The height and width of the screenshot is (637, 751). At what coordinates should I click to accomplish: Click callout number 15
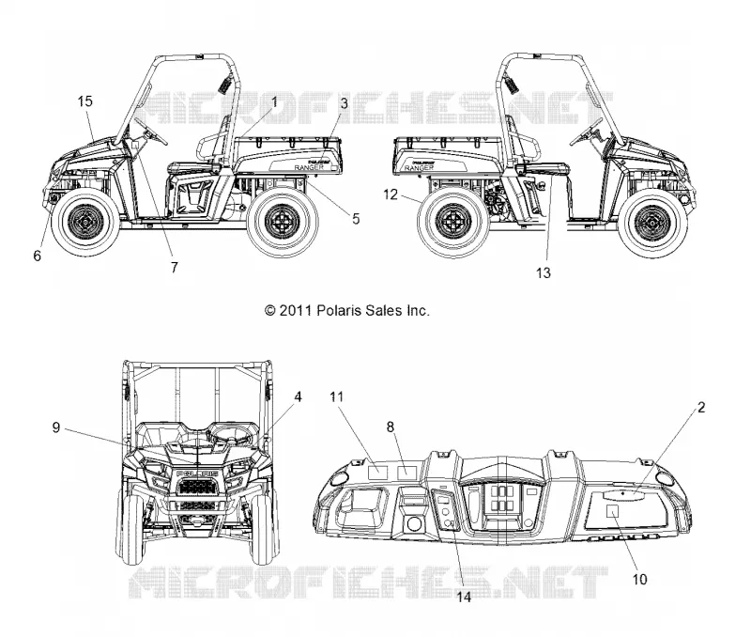click(84, 101)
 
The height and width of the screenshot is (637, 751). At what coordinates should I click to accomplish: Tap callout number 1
click(274, 101)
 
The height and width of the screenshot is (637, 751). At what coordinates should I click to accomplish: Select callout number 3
click(344, 103)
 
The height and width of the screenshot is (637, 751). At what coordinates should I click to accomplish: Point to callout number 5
click(356, 219)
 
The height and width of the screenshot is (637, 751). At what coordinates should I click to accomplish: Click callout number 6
click(37, 256)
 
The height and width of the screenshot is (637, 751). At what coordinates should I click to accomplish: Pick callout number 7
click(175, 268)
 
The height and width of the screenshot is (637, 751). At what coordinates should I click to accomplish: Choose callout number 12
click(391, 194)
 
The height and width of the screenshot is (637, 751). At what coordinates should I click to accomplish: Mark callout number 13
click(544, 273)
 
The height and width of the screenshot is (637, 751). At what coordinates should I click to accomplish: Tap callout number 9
click(56, 427)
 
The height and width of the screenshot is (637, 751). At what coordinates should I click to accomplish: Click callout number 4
click(298, 396)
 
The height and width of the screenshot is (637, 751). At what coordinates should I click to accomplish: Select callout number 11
click(337, 396)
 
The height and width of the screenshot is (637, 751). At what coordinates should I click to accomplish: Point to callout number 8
click(391, 427)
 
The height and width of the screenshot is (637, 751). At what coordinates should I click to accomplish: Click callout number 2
click(701, 408)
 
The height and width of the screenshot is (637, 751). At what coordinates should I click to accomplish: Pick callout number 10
click(640, 579)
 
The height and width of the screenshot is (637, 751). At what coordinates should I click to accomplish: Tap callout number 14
click(464, 597)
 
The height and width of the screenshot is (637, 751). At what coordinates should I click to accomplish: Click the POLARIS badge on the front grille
click(197, 474)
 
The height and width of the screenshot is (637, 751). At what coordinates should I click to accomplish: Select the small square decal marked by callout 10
click(613, 511)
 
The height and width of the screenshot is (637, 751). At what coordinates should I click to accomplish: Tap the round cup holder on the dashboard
click(414, 523)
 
